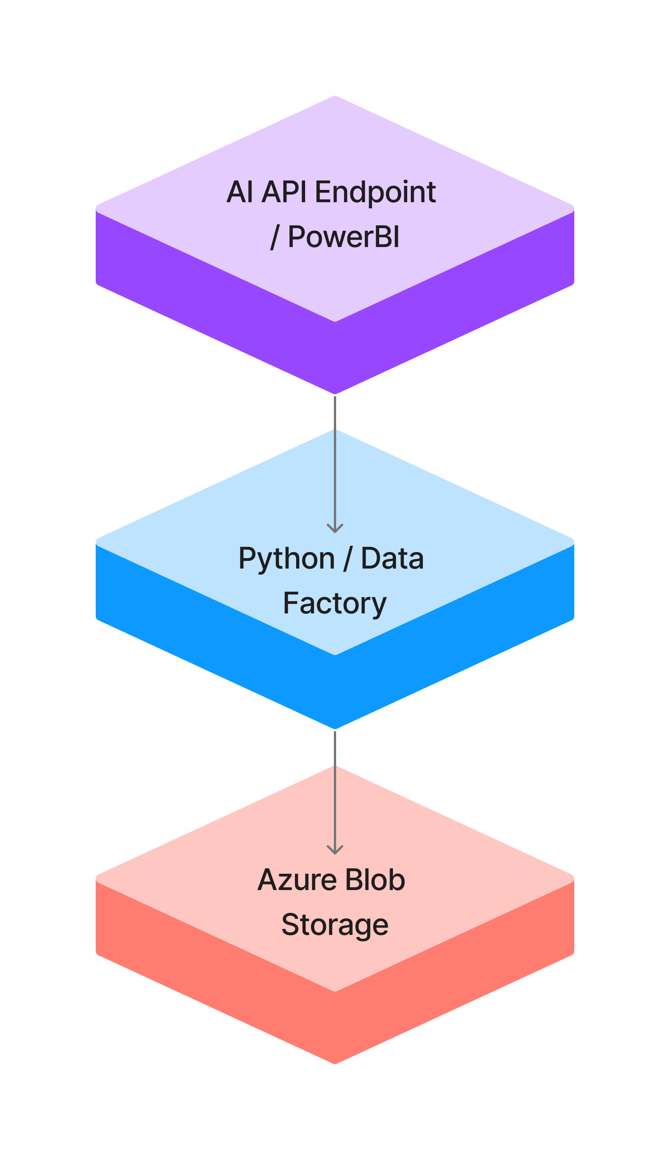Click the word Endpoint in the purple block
[x=375, y=192]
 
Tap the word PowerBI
[x=343, y=237]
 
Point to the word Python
[x=286, y=559]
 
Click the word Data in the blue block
[x=392, y=559]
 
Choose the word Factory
[x=335, y=604]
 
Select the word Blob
[x=375, y=880]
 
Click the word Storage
[x=335, y=925]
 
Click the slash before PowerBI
[x=275, y=237]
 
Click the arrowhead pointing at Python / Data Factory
[x=335, y=529]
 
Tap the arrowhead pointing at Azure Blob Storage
[x=335, y=851]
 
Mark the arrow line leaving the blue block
[x=335, y=782]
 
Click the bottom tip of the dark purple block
[x=335, y=393]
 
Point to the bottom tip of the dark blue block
[x=335, y=728]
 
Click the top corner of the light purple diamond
[x=335, y=96]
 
